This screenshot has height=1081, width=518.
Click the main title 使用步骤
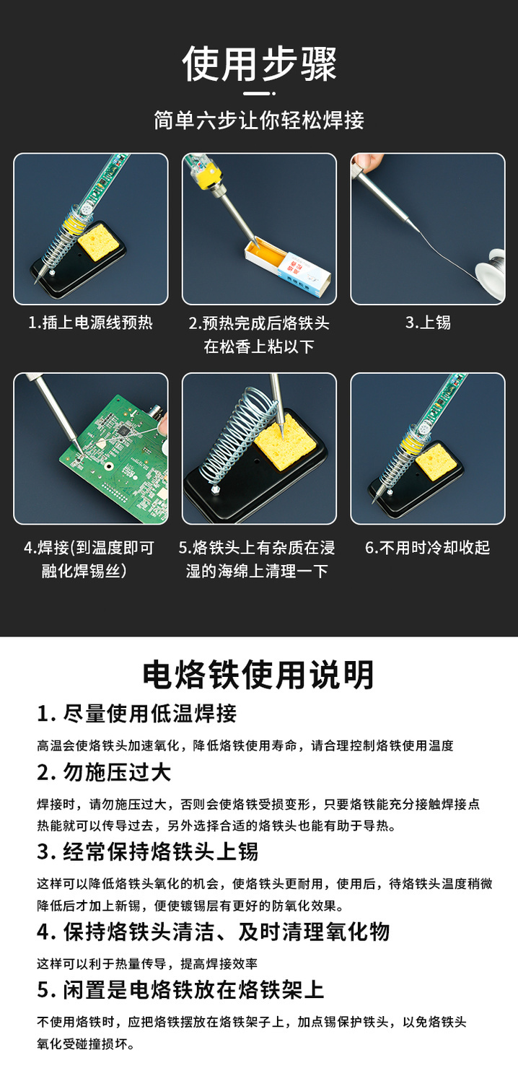click(259, 64)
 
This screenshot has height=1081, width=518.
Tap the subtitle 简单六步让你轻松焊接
click(259, 121)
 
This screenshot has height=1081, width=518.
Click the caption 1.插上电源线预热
click(90, 323)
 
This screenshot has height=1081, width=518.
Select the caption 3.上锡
click(428, 323)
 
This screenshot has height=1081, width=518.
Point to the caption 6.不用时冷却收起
click(427, 548)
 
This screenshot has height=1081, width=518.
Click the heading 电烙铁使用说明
click(258, 675)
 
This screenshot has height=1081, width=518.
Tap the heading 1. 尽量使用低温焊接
click(137, 714)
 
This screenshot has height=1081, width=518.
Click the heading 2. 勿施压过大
click(104, 773)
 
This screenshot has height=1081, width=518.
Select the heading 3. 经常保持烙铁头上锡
click(148, 852)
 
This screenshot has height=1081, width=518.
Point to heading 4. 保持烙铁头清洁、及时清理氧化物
click(213, 932)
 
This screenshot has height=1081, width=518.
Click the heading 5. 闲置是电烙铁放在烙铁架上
click(180, 990)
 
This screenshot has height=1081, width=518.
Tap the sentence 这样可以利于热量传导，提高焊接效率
click(147, 963)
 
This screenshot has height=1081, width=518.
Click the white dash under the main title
click(259, 93)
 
